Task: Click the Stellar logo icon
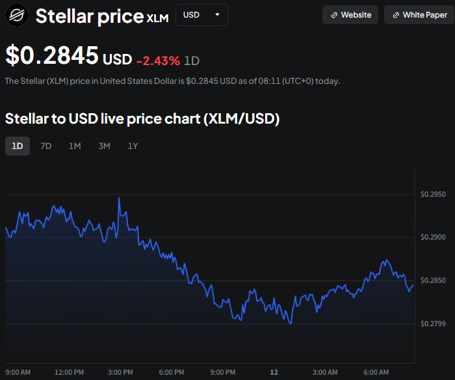click(x=17, y=15)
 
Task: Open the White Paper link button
click(x=419, y=15)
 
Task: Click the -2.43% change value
click(x=158, y=60)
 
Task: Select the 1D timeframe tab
click(x=18, y=146)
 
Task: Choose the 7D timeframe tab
click(x=46, y=146)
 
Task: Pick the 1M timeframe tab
click(x=75, y=146)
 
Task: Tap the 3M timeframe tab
click(x=104, y=146)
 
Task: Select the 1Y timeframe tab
click(x=133, y=146)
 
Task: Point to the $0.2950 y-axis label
click(x=433, y=195)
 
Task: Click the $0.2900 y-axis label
click(x=433, y=238)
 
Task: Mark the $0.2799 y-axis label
click(x=433, y=323)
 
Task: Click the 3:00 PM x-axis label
click(x=120, y=372)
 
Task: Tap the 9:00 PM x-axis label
click(x=222, y=372)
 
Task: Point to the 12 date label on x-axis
click(x=274, y=372)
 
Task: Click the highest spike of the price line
click(x=119, y=198)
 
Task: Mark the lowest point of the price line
click(x=291, y=323)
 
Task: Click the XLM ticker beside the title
click(x=158, y=19)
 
